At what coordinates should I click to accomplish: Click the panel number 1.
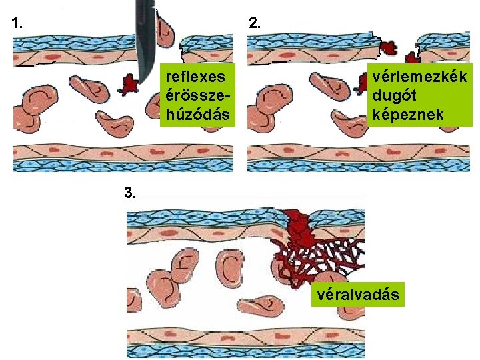coord(17,21)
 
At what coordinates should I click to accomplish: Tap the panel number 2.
coord(254,21)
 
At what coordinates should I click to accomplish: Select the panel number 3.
coord(131,194)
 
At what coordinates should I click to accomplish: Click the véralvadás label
coord(359,294)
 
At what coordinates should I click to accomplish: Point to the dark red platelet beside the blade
coord(128,83)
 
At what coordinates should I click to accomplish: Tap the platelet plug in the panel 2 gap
coord(387,47)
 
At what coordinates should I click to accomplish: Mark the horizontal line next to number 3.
coord(253,195)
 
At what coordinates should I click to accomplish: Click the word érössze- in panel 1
coord(197,92)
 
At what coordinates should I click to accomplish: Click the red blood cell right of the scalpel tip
coord(166,30)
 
